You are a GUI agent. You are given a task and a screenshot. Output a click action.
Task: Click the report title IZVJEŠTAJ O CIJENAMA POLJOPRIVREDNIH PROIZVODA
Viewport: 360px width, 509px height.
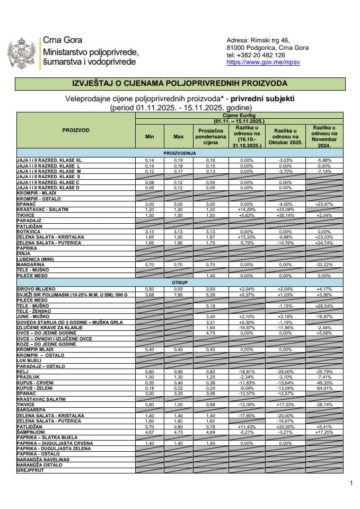(x=180, y=83)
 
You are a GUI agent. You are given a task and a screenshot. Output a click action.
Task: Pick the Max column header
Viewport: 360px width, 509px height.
(x=178, y=137)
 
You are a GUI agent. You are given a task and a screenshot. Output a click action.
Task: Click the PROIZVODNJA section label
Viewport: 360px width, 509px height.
(x=180, y=153)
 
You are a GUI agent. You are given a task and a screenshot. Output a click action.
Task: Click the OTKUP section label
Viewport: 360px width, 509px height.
(x=180, y=283)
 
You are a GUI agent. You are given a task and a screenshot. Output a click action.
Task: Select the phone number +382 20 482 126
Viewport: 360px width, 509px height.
(x=256, y=55)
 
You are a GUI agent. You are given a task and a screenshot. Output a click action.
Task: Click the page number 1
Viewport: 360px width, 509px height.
(x=351, y=482)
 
